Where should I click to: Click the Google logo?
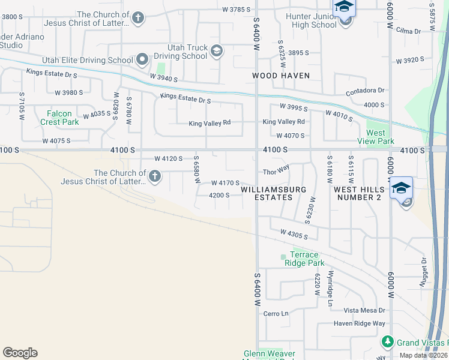click(x=20, y=353)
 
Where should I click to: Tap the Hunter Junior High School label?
click(x=314, y=20)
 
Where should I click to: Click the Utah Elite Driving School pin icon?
click(x=142, y=59)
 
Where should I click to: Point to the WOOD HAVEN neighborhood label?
click(x=281, y=76)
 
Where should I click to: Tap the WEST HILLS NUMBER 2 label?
click(x=358, y=193)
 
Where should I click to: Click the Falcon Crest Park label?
click(x=59, y=118)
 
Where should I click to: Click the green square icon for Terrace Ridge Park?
click(x=283, y=258)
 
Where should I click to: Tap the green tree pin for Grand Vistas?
click(x=388, y=343)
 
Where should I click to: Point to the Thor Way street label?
click(x=277, y=172)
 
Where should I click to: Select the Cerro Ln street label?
click(x=276, y=313)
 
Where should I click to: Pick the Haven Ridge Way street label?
click(x=360, y=323)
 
